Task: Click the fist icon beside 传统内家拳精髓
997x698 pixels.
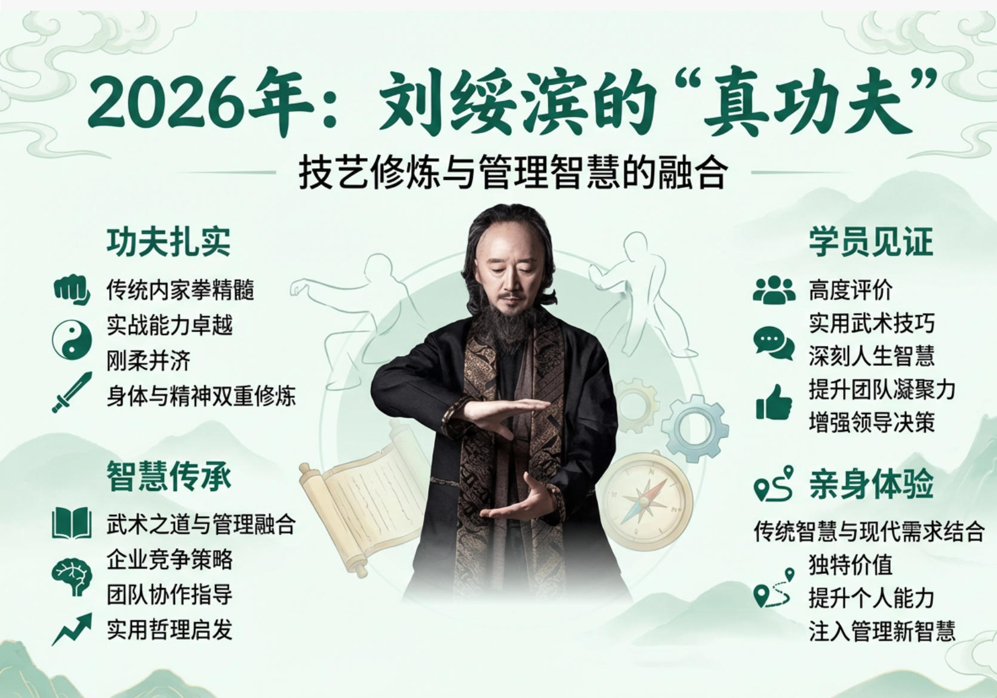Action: click(72, 290)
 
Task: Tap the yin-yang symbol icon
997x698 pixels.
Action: click(72, 339)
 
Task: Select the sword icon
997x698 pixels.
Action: click(72, 392)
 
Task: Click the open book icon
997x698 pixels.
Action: click(72, 523)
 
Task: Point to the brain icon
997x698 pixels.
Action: click(72, 576)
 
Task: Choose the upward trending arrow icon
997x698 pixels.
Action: click(72, 628)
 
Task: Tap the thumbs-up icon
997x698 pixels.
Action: click(774, 402)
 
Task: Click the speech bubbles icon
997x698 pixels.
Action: click(774, 343)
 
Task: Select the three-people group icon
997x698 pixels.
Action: click(774, 291)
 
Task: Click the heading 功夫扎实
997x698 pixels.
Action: click(169, 242)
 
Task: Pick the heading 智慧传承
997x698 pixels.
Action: click(169, 476)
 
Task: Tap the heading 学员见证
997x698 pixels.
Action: click(871, 242)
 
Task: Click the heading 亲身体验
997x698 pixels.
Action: click(871, 484)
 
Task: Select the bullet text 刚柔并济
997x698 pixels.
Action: click(149, 360)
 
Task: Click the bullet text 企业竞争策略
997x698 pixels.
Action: click(170, 560)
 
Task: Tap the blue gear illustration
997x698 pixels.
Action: click(695, 427)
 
